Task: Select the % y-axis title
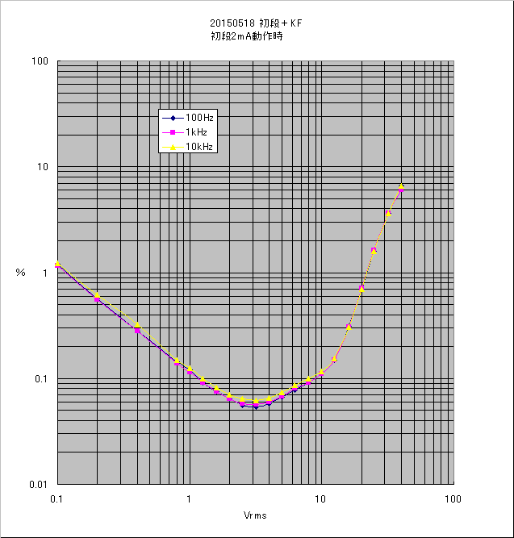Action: coord(20,273)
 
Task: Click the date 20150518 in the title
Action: coord(229,24)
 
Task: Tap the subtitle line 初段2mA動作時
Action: coord(246,36)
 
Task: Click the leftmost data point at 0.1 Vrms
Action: coord(57,265)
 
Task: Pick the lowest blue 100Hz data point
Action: coord(256,407)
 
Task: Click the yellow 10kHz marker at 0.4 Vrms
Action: coord(137,324)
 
